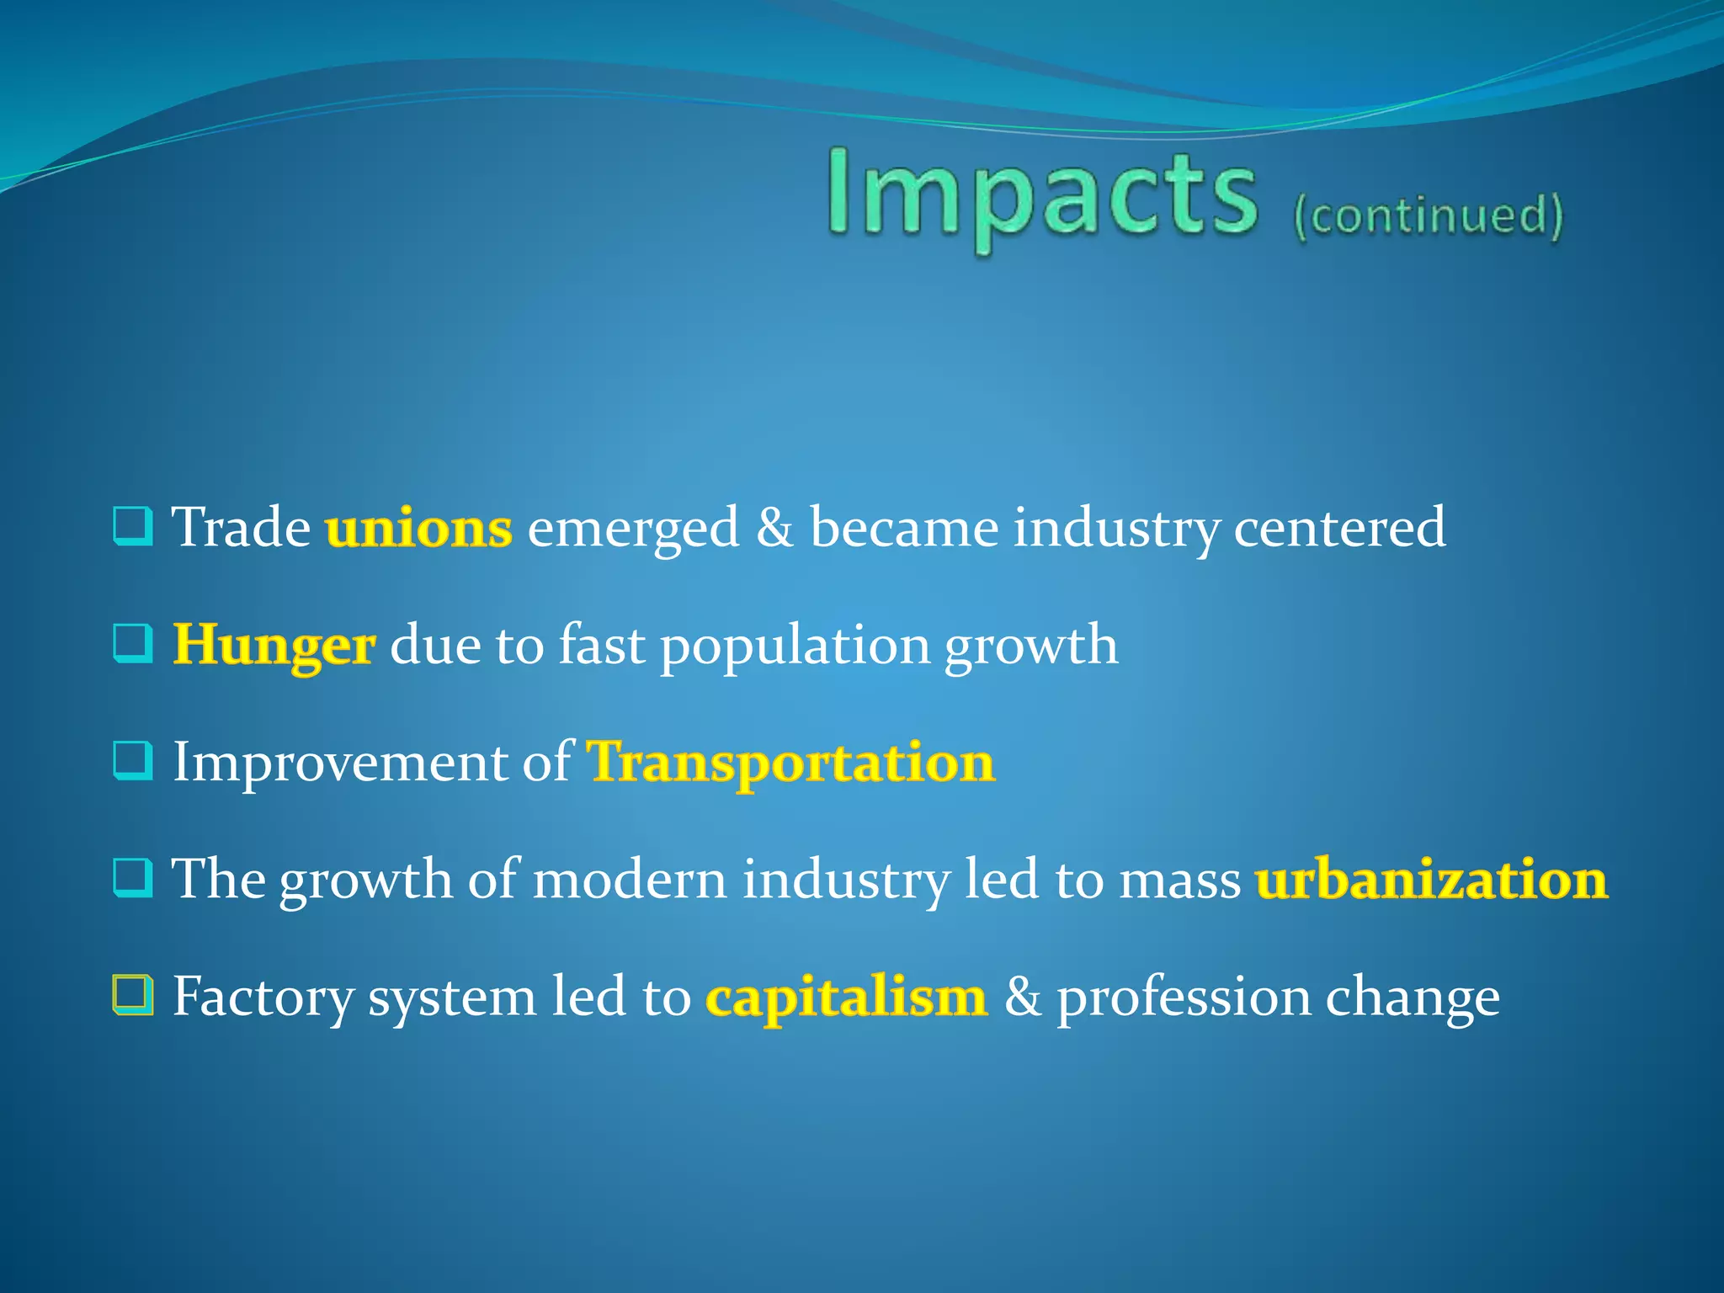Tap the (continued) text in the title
coord(1428,215)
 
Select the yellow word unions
coord(418,529)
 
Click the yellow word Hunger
coord(274,646)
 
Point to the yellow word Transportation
coord(790,763)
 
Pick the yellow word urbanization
coord(1431,880)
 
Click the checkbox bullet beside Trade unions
coord(133,527)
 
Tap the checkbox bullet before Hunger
coord(133,644)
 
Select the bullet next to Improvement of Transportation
coord(133,761)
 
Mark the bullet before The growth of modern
coord(133,878)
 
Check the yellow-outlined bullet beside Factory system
coord(133,995)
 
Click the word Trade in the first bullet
coord(242,529)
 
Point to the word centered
coord(1339,529)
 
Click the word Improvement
coord(339,763)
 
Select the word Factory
coord(262,998)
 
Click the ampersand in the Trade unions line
coord(774,529)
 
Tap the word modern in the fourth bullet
coord(630,880)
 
